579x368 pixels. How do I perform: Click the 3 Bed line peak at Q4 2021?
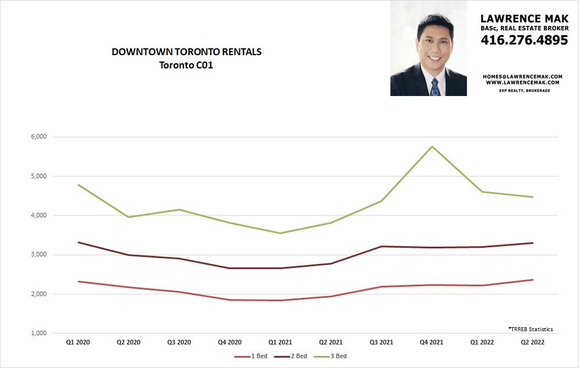point(431,147)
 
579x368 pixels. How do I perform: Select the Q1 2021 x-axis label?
point(281,343)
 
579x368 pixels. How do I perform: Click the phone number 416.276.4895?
point(524,40)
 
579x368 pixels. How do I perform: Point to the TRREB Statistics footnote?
point(530,329)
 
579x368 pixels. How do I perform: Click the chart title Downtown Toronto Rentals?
point(186,52)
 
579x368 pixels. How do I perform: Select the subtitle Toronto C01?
point(186,65)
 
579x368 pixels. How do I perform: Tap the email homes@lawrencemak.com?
point(523,76)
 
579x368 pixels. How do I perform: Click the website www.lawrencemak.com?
point(523,82)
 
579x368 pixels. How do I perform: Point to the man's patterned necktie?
point(435,87)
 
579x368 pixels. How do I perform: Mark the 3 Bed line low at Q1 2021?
point(281,233)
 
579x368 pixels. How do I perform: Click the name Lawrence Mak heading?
point(524,19)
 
